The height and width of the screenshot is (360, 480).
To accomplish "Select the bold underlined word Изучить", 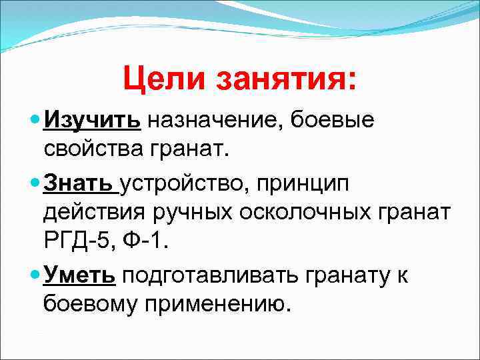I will point(92,121).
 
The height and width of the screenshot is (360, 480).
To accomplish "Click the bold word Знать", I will point(80,181).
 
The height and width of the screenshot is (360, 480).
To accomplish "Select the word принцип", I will point(311,181).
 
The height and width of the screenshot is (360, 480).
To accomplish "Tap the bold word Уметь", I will point(80,275).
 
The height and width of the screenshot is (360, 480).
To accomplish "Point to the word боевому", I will point(93,303).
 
